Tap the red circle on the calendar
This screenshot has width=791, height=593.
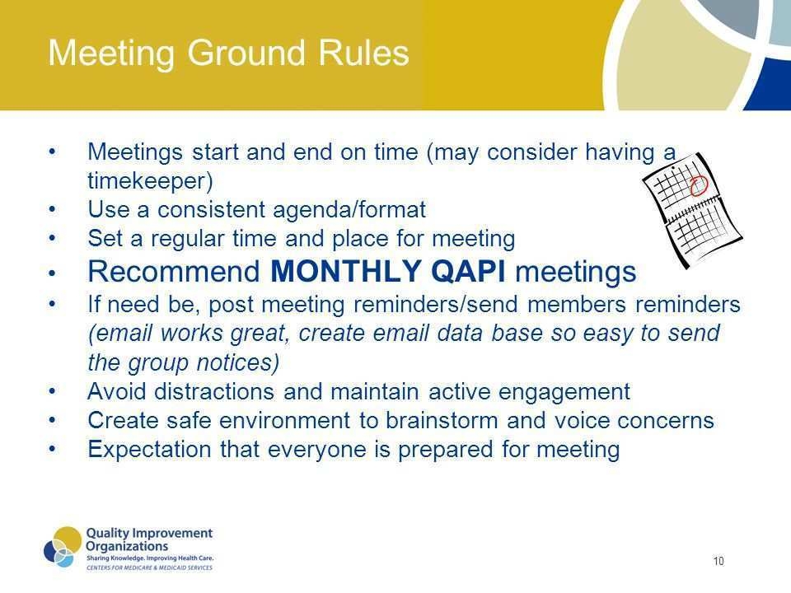point(699,185)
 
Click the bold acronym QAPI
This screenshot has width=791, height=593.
point(469,271)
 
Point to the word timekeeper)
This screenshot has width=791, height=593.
point(150,181)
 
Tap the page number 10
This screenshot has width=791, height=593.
point(718,561)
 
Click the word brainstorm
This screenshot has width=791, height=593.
point(442,420)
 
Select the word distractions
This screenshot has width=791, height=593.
point(214,391)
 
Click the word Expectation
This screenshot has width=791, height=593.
point(149,450)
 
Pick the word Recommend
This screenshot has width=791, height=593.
point(174,271)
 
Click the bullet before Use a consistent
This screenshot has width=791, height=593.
point(52,210)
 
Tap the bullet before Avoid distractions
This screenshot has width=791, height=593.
point(52,391)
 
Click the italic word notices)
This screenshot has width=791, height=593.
point(237,362)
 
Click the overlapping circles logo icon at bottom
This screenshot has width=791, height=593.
point(63,547)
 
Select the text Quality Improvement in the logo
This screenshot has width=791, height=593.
point(149,534)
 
